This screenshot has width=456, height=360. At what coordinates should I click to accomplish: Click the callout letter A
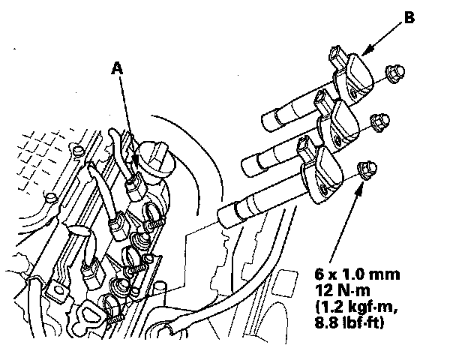click(x=116, y=67)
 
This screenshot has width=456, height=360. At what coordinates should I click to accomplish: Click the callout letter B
click(x=408, y=16)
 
